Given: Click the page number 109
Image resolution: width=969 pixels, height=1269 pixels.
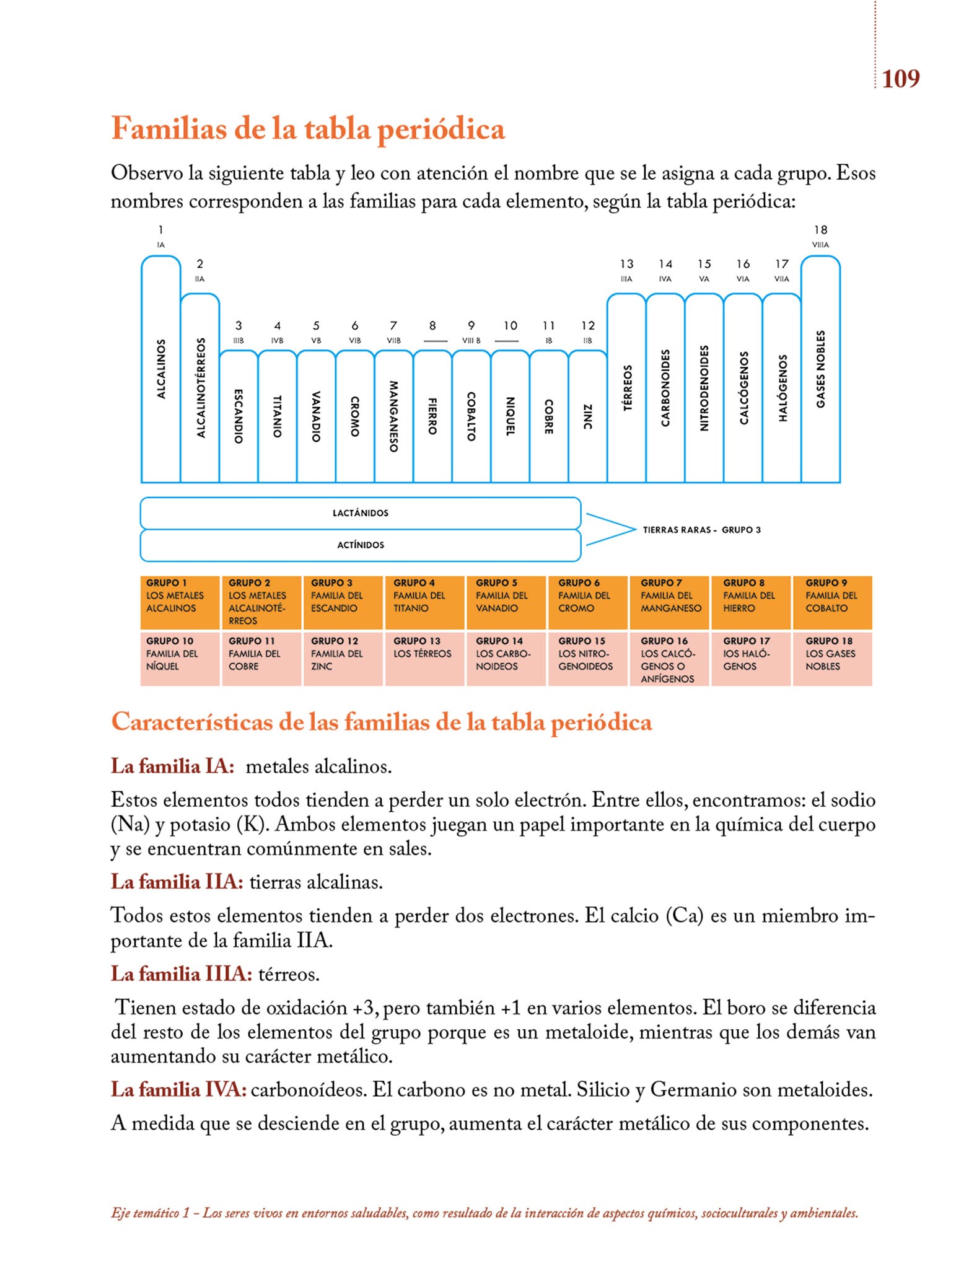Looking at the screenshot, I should click(x=900, y=79).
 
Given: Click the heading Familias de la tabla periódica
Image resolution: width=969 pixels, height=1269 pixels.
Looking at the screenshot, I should click(x=308, y=129).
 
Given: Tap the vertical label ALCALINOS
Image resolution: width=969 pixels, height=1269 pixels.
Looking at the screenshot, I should click(x=161, y=369).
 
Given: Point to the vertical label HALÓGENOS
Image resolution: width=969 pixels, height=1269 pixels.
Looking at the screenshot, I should click(x=783, y=388).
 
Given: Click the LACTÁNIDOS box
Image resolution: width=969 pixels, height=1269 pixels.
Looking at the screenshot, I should click(x=361, y=513).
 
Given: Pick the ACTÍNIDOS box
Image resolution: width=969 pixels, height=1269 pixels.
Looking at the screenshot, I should click(x=361, y=545).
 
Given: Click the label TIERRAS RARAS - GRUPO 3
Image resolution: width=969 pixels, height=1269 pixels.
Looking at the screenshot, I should click(x=701, y=530).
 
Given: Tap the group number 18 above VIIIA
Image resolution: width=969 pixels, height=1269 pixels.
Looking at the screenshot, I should click(x=820, y=230).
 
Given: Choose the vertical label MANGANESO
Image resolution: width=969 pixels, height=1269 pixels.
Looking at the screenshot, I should click(x=393, y=416).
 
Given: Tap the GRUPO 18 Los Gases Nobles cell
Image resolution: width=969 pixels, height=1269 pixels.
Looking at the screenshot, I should click(x=832, y=659).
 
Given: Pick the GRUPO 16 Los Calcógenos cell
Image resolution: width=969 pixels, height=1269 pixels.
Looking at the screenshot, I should click(x=669, y=659).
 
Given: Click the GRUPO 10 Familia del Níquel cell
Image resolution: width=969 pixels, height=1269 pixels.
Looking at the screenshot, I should click(x=180, y=659).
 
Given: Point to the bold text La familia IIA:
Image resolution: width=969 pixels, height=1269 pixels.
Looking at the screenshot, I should click(x=177, y=882).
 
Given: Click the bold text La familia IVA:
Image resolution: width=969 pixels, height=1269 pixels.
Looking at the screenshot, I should click(x=178, y=1089).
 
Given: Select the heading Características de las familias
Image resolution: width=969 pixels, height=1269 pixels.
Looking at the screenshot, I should click(x=382, y=722).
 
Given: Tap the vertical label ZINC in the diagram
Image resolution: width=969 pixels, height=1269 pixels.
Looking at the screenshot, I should click(x=587, y=416).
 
